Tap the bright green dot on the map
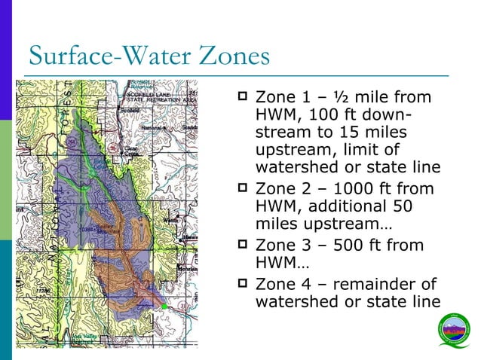[x=164, y=307]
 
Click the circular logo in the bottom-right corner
[x=454, y=334]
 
